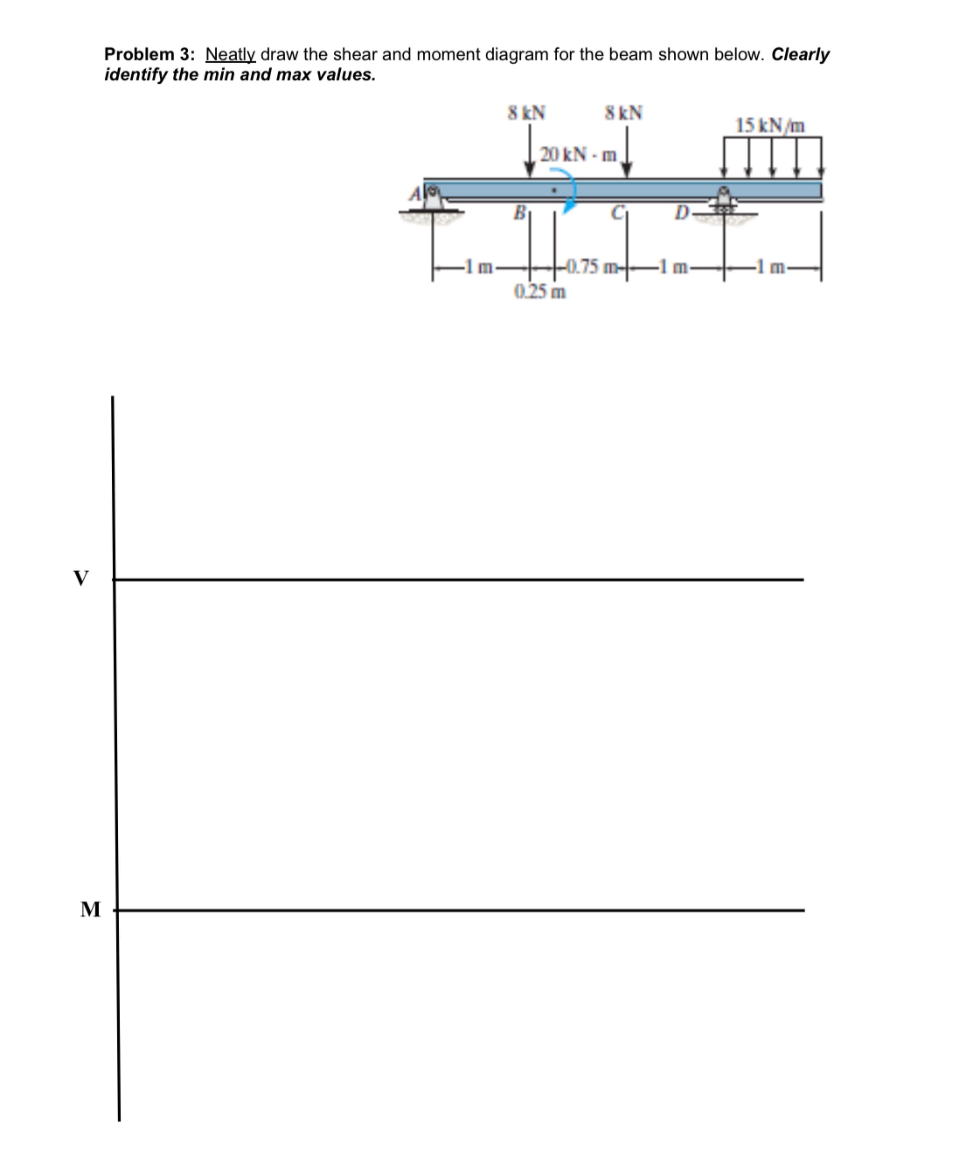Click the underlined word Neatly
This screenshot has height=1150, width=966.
[230, 55]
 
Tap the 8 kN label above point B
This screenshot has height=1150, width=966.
[526, 113]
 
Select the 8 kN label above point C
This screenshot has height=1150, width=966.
[623, 113]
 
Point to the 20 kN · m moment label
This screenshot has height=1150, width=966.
[578, 154]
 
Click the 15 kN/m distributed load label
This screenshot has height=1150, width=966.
[770, 125]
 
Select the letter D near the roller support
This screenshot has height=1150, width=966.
[681, 212]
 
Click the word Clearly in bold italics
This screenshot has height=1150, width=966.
[800, 55]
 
